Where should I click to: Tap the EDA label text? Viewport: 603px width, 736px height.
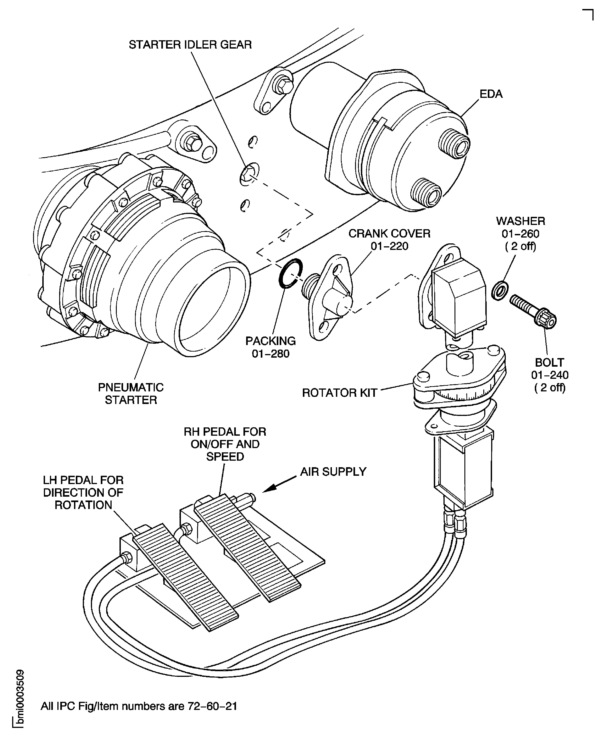click(491, 94)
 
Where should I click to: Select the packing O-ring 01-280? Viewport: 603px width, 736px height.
click(290, 274)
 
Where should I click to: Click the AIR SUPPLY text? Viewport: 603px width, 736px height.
click(333, 471)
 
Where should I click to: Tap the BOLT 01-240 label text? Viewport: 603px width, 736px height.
click(549, 375)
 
